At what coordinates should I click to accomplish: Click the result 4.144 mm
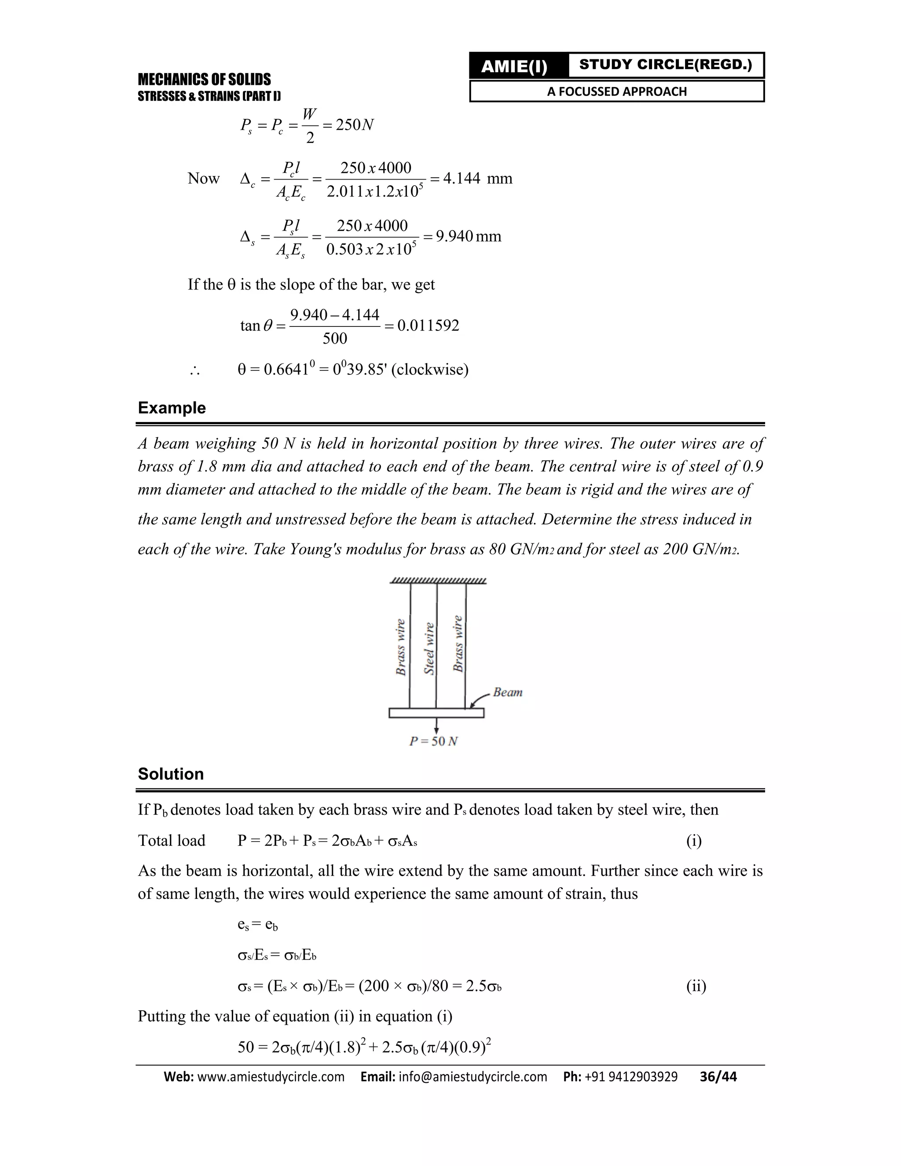(x=477, y=178)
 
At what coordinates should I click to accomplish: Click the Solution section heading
(x=171, y=774)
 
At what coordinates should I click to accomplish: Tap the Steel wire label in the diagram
(x=429, y=648)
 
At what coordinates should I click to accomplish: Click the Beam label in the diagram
(x=508, y=693)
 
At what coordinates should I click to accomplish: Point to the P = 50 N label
(x=433, y=741)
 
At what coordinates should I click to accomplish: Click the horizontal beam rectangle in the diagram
(x=436, y=713)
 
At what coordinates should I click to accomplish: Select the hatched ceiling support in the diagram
(x=438, y=581)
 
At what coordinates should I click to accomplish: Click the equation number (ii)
(x=696, y=986)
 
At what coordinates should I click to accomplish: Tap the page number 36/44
(x=718, y=1077)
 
